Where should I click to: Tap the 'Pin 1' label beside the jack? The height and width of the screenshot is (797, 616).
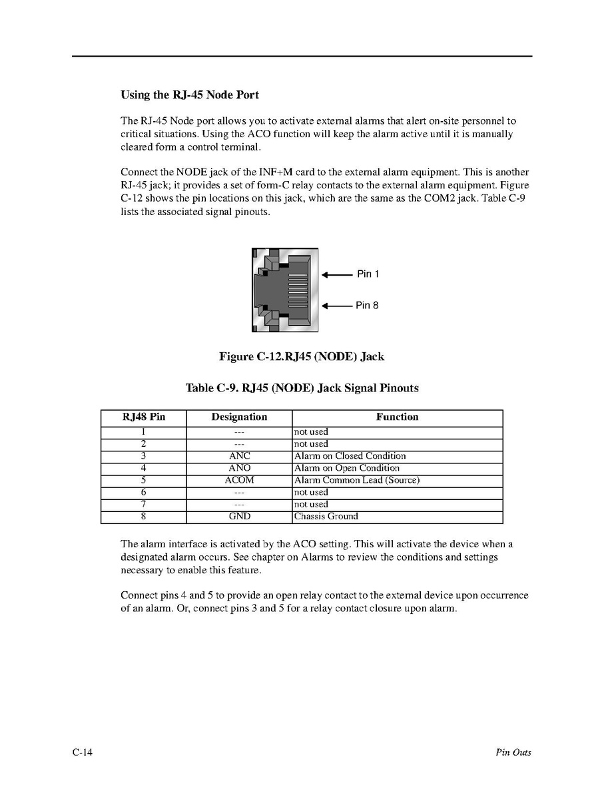pos(368,274)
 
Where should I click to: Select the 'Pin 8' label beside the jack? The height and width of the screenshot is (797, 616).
pos(367,306)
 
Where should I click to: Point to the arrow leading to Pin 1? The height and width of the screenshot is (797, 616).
pos(337,274)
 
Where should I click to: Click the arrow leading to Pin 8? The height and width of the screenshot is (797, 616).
pos(337,306)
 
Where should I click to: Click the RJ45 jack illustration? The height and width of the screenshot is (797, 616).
pos(284,290)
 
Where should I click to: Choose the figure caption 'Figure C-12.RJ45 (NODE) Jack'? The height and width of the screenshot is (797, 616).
pos(301,357)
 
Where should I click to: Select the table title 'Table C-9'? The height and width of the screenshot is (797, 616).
pos(302,388)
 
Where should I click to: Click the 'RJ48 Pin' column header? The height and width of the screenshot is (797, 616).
pos(143,417)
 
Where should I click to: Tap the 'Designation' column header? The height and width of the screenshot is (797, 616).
pos(239,417)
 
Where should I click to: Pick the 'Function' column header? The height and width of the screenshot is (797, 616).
pos(397,417)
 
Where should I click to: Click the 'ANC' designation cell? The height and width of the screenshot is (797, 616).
pos(239,456)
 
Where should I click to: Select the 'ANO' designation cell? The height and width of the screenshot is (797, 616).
pos(239,468)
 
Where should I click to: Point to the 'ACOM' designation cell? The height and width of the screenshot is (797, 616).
pos(239,480)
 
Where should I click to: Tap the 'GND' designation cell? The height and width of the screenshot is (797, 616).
pos(239,517)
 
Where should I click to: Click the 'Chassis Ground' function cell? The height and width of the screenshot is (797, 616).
pos(326,517)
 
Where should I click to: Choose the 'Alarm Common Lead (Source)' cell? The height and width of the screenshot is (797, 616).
pos(356,480)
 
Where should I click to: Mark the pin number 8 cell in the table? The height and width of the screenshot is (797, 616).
pos(143,517)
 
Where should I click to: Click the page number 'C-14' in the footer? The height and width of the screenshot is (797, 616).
pos(83,753)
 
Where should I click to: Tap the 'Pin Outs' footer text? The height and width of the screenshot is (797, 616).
pos(513,753)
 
